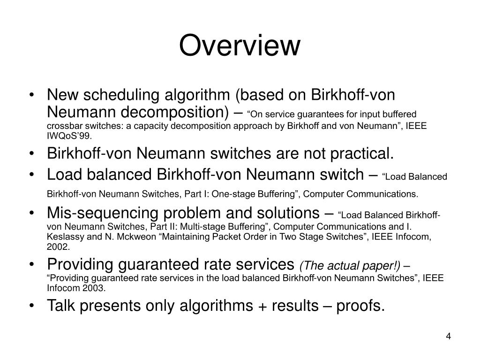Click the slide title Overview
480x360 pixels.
[240, 46]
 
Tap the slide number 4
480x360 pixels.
[448, 337]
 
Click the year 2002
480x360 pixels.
[58, 247]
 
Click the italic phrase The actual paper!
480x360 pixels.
[351, 266]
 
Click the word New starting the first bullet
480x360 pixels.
[64, 95]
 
